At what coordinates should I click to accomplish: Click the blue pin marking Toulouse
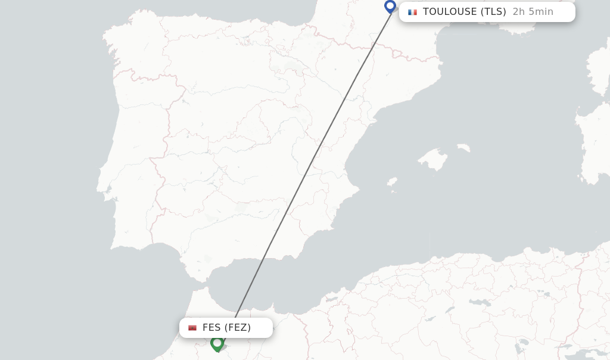(x=390, y=7)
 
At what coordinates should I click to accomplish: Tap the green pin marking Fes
(x=217, y=343)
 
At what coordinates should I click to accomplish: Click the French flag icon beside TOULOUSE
(x=412, y=12)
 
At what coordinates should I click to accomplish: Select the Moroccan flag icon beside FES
(x=192, y=328)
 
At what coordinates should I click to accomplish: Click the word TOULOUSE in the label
(x=450, y=12)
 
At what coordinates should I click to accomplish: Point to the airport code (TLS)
(x=493, y=12)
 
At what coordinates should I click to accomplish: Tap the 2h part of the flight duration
(x=518, y=12)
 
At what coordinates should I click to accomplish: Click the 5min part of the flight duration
(x=540, y=12)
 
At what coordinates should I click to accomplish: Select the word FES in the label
(x=211, y=328)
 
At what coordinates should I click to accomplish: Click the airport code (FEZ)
(x=238, y=328)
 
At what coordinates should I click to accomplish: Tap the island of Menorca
(x=463, y=147)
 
